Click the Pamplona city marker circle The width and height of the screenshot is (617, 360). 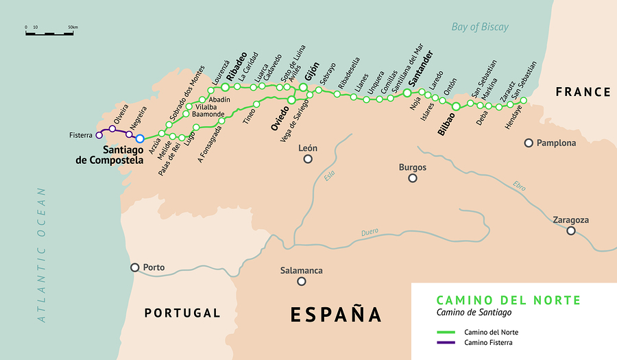[529, 143]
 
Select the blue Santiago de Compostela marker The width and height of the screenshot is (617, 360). [140, 139]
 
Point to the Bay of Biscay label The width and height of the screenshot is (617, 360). [480, 27]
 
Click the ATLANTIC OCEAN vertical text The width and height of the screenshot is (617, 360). [43, 254]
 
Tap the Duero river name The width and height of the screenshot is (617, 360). [370, 232]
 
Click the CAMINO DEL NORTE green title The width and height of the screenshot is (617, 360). [508, 300]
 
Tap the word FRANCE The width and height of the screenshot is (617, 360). [583, 92]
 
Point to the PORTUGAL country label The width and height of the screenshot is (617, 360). [182, 313]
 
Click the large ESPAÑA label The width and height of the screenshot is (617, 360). [335, 314]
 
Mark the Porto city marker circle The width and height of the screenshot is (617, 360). [135, 267]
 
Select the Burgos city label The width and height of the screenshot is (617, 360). [413, 167]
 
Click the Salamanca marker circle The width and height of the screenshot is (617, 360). [302, 282]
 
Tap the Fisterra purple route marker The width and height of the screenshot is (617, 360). [99, 135]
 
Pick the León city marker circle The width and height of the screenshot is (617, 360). [308, 159]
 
